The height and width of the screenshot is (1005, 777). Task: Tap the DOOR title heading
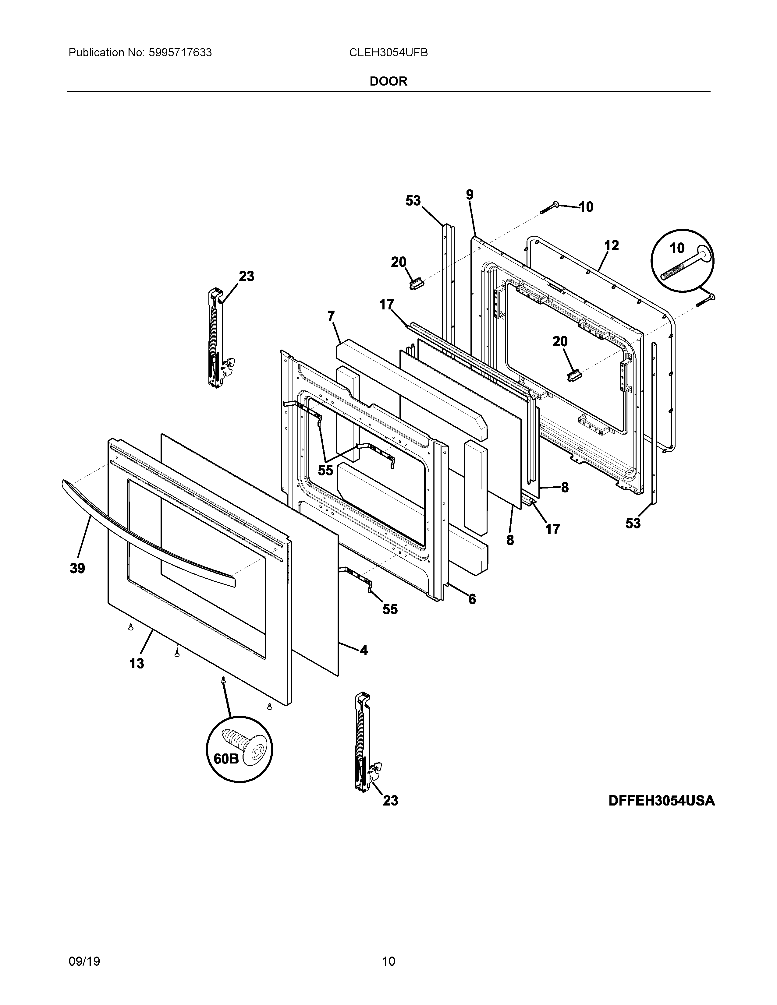[388, 81]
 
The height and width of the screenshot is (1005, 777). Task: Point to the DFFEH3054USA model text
[662, 801]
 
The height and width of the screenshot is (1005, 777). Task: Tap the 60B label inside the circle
[226, 758]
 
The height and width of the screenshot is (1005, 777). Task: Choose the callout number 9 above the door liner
[470, 195]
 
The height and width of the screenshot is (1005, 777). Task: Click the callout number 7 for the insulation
[331, 316]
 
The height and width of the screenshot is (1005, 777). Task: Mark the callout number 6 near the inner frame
[472, 599]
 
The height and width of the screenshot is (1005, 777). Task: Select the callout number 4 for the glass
[364, 650]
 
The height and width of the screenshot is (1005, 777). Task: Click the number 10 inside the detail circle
[677, 249]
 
